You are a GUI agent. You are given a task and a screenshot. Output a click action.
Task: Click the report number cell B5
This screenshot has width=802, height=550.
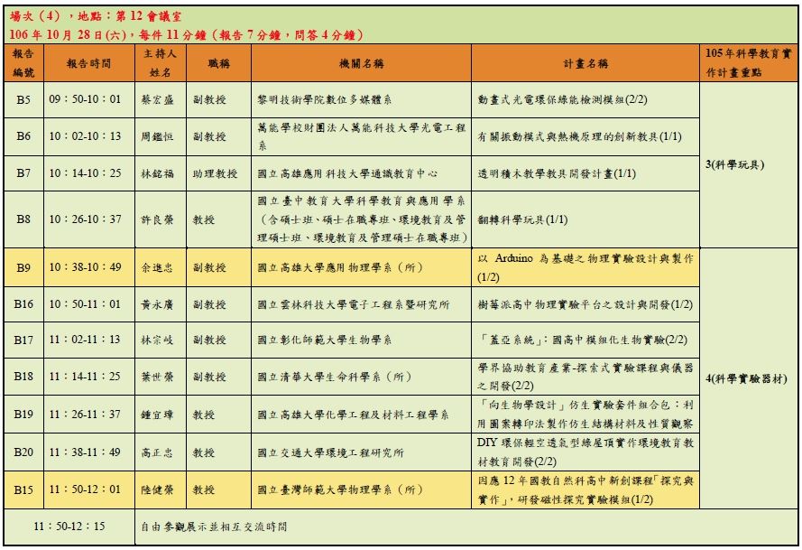23,98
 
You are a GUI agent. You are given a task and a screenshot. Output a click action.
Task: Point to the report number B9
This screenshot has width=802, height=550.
23,267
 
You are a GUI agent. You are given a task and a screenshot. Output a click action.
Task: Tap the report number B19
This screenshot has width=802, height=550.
23,415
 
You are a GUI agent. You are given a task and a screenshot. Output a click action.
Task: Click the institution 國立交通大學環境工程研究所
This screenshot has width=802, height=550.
330,452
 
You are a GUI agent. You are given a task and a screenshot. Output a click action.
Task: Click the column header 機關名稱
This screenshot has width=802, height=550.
361,64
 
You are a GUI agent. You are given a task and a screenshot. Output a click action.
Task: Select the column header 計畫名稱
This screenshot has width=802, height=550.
585,64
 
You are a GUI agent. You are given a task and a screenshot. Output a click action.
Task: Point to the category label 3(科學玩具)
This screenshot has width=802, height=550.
735,165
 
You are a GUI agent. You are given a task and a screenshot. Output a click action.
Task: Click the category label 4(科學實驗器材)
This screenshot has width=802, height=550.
746,379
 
